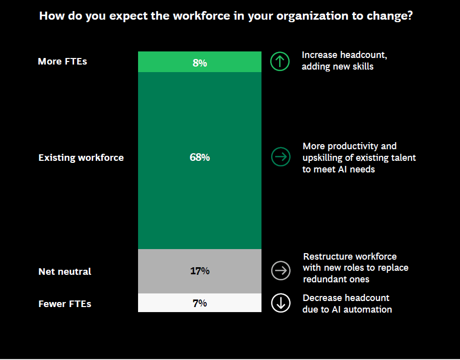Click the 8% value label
pos(200,63)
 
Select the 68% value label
pos(200,157)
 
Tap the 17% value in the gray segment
pos(200,271)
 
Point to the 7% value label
pos(200,304)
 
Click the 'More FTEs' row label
pos(62,62)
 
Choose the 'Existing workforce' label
pos(81,158)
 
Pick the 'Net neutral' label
pos(64,272)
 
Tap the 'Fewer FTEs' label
pos(64,304)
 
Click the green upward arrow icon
pos(280,62)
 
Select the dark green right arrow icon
pos(281,157)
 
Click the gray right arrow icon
pos(281,270)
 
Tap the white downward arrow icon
pos(281,303)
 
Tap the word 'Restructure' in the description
pos(327,257)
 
